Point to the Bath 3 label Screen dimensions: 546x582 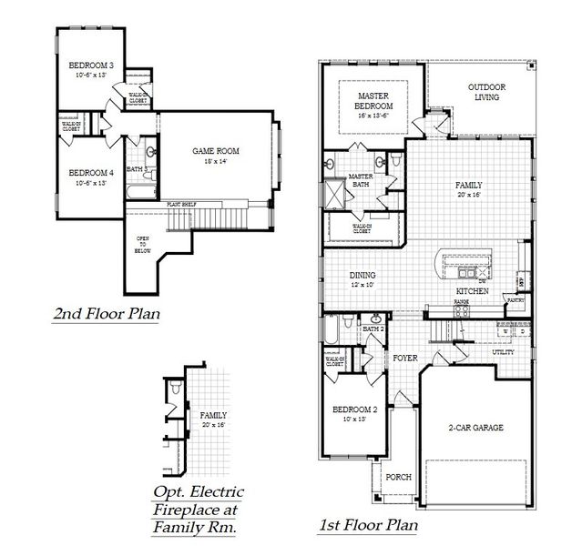click(138, 169)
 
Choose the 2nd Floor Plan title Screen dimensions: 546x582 click(107, 315)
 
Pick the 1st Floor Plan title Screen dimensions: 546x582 click(368, 524)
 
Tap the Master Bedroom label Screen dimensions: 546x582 click(373, 100)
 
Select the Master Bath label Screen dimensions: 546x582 click(361, 180)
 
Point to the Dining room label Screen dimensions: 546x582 click(363, 276)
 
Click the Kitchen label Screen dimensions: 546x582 click(473, 290)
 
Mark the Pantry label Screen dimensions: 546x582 click(516, 298)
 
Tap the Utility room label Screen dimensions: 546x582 click(504, 351)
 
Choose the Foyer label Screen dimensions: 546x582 click(405, 358)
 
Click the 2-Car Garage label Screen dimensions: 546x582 click(475, 427)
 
